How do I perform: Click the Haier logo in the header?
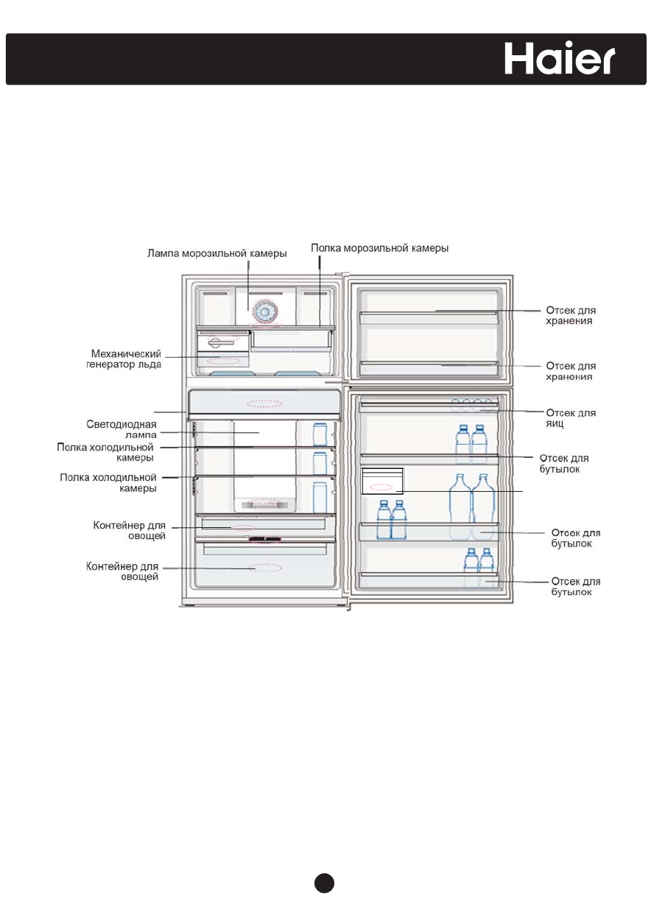point(560,57)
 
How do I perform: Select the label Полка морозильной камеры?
point(379,248)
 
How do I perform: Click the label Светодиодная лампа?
point(119,429)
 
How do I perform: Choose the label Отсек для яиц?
point(570,419)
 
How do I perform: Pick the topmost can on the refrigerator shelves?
point(320,434)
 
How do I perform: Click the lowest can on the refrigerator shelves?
point(320,497)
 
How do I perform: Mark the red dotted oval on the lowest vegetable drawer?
point(264,568)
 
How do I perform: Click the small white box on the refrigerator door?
point(383,480)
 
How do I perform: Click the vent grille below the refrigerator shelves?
point(263,505)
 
